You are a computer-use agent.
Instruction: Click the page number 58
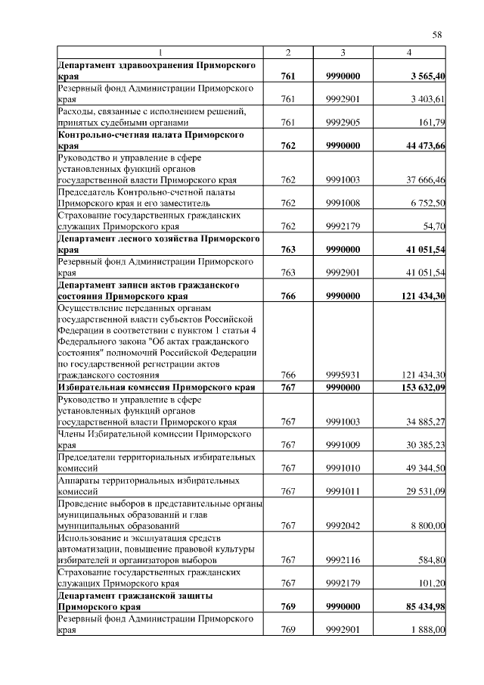(x=436, y=34)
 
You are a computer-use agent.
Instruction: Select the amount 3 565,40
(x=423, y=76)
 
